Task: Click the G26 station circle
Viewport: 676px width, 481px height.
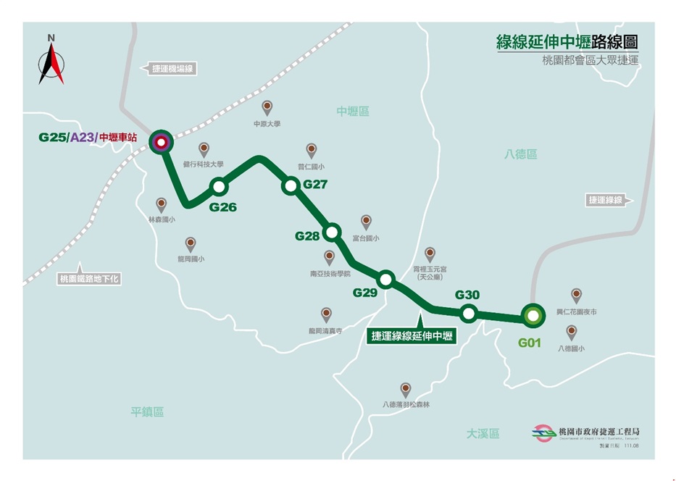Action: (x=219, y=187)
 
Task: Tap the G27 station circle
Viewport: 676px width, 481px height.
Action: (x=291, y=186)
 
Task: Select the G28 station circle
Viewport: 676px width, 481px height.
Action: (x=332, y=232)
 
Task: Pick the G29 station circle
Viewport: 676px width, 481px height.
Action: (x=385, y=279)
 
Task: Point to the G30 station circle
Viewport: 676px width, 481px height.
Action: (x=468, y=314)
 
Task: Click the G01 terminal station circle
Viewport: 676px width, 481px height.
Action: (x=533, y=316)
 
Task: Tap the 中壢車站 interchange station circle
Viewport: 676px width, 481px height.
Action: (x=160, y=141)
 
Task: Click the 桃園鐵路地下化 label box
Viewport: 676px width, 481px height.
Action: (x=89, y=278)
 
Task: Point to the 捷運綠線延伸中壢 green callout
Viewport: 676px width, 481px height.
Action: (x=412, y=335)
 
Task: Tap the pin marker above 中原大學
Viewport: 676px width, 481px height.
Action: (x=267, y=107)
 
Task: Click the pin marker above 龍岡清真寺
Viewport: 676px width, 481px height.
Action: (x=326, y=314)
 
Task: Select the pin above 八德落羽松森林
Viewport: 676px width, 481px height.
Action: (x=406, y=389)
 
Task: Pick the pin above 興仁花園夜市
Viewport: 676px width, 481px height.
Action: (x=576, y=294)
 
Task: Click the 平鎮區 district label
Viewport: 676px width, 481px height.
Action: (x=147, y=411)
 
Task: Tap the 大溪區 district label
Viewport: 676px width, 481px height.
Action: (x=483, y=433)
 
